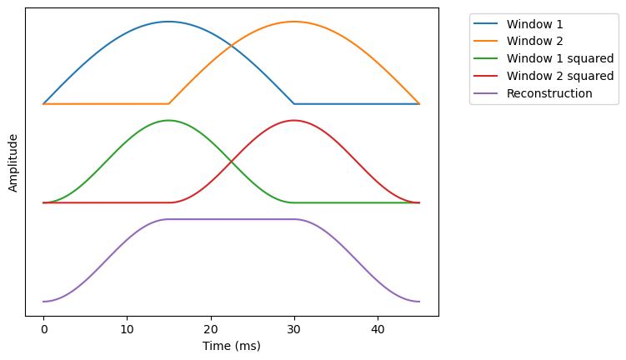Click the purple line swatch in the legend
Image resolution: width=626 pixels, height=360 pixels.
pyautogui.click(x=487, y=93)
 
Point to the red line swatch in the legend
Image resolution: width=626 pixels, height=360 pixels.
pyautogui.click(x=487, y=76)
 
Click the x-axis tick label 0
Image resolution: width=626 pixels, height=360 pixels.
pyautogui.click(x=43, y=329)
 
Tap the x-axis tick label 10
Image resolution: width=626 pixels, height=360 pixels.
pyautogui.click(x=127, y=329)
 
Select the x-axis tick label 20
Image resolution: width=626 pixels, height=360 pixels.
pyautogui.click(x=211, y=329)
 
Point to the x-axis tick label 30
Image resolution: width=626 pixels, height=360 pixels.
pyautogui.click(x=294, y=329)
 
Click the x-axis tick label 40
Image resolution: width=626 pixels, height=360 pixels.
pyautogui.click(x=378, y=329)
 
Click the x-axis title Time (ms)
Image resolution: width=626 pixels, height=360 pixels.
pyautogui.click(x=232, y=346)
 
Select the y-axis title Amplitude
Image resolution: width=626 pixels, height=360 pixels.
pyautogui.click(x=13, y=162)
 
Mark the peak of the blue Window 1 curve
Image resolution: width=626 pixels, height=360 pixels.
pyautogui.click(x=168, y=22)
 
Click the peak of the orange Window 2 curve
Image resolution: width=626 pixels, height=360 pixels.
pyautogui.click(x=293, y=22)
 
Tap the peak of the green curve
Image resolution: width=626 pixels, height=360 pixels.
pyautogui.click(x=168, y=120)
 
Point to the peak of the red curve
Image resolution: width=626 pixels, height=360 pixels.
pyautogui.click(x=293, y=120)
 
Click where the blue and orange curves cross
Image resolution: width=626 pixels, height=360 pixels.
pyautogui.click(x=231, y=46)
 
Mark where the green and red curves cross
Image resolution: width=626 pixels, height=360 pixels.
pyautogui.click(x=231, y=162)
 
